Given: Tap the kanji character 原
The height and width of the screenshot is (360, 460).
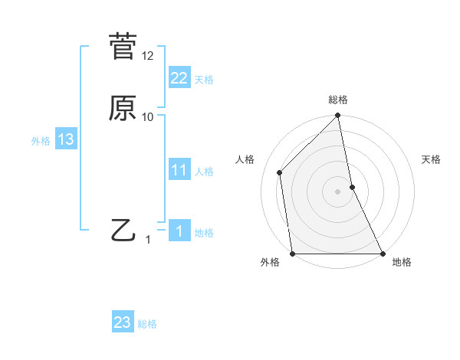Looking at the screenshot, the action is (x=123, y=108).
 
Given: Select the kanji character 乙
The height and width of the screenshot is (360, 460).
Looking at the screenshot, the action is (x=123, y=229).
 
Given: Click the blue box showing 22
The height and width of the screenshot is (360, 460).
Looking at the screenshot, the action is (x=179, y=77).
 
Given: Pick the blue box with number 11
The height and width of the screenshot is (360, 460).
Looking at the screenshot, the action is (x=179, y=170).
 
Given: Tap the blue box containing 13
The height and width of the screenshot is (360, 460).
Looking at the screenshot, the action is (x=66, y=139).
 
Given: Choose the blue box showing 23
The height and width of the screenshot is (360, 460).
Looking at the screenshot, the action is (x=123, y=322).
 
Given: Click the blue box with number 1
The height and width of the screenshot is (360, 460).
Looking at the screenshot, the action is (x=179, y=231).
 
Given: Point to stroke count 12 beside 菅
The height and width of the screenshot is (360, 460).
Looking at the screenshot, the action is (x=148, y=56).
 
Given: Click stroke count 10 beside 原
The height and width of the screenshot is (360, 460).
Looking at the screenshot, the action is (x=148, y=117).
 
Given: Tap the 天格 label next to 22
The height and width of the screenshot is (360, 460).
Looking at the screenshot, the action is (x=204, y=80).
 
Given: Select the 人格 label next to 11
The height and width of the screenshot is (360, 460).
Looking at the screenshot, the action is (x=204, y=172).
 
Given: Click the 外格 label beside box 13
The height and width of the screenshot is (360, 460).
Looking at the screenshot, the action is (x=41, y=141).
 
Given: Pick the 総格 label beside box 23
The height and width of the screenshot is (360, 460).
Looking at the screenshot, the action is (x=147, y=325).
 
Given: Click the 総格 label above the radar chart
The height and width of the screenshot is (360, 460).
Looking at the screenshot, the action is (x=338, y=100).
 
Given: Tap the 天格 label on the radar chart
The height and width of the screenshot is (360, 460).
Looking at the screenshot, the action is (x=431, y=159).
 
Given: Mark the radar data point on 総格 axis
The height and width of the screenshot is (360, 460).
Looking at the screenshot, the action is (x=338, y=116).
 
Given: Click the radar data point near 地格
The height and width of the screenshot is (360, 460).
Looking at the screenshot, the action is (x=382, y=254).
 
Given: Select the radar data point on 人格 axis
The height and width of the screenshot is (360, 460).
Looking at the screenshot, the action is (x=280, y=172).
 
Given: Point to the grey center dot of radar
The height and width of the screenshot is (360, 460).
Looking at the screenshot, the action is (x=338, y=191).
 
